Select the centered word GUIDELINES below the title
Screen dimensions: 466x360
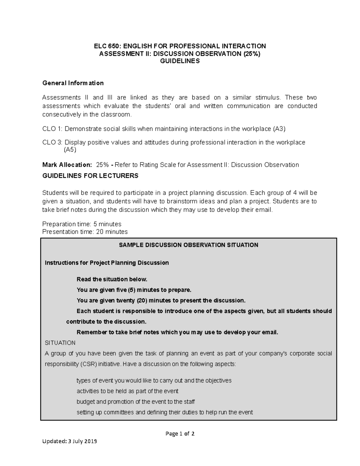(x=180, y=61)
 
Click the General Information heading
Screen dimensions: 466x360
(x=73, y=83)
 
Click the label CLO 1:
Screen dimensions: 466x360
(x=52, y=129)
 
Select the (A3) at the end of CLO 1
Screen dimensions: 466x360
(x=279, y=129)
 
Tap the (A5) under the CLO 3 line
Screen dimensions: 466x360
(x=70, y=150)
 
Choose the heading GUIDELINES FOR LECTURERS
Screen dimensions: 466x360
(x=90, y=176)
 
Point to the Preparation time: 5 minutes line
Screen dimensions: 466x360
(x=82, y=224)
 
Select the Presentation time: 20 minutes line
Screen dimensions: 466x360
(x=85, y=232)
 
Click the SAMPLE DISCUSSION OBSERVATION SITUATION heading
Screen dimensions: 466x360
(x=188, y=245)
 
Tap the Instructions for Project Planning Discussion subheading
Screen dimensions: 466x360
(x=107, y=263)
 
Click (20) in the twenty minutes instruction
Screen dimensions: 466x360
(x=142, y=300)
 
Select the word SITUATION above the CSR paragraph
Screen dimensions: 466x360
(x=60, y=343)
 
